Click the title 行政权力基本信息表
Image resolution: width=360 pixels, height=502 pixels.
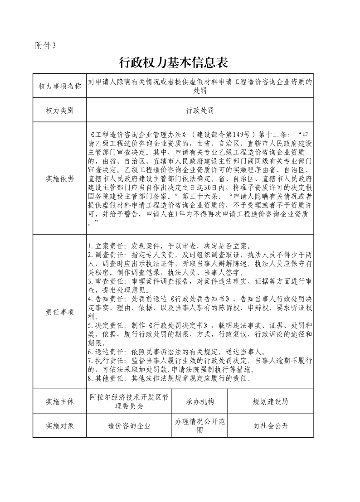[x=173, y=62]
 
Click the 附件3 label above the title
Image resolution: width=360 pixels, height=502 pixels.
[x=45, y=45]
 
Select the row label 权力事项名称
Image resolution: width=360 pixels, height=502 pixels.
[x=59, y=86]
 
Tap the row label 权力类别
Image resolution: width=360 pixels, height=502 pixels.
[x=59, y=110]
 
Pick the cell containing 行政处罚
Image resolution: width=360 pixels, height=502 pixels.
[x=199, y=110]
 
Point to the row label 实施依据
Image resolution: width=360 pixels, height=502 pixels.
[x=59, y=178]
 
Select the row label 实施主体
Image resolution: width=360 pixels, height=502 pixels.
[x=59, y=401]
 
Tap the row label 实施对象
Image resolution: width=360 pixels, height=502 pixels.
[x=59, y=425]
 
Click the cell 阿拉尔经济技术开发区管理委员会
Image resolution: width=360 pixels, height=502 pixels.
[x=129, y=401]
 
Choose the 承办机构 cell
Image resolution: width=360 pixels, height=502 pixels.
[x=199, y=401]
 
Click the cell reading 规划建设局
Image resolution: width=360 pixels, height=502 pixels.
[x=270, y=401]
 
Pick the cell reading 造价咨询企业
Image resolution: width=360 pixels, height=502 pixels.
[x=129, y=425]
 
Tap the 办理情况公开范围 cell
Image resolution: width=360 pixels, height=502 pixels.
[x=199, y=425]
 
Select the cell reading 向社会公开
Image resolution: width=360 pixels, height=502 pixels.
[x=270, y=425]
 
